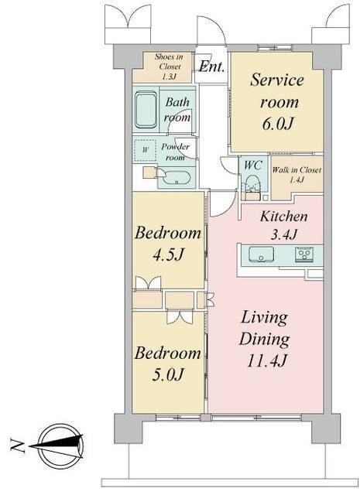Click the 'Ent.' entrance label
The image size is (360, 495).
[x=211, y=67]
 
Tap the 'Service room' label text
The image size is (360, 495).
[x=277, y=91]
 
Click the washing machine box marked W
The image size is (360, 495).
[x=145, y=151]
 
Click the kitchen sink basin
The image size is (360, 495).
[x=261, y=254]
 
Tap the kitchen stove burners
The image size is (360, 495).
[x=304, y=254]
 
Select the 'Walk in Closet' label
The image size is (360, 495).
[x=297, y=175]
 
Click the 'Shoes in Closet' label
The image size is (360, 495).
[x=169, y=67]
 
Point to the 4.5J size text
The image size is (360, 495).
[x=168, y=254]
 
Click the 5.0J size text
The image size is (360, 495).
[x=168, y=374]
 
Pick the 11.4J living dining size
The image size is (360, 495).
[x=266, y=360]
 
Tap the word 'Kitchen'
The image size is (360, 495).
[x=283, y=217]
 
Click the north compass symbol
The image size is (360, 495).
[x=60, y=446]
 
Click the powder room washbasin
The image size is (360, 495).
[x=177, y=179]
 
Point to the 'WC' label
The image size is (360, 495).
[x=253, y=165]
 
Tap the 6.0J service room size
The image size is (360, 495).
[x=277, y=124]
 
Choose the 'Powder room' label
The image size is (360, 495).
[x=176, y=152]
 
